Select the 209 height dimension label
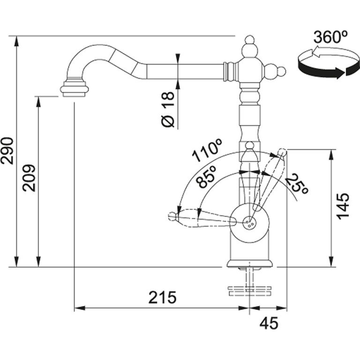tap(29, 178)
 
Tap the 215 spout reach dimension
tap(162, 297)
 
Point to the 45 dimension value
tap(268, 323)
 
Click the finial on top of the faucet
tap(248, 47)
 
